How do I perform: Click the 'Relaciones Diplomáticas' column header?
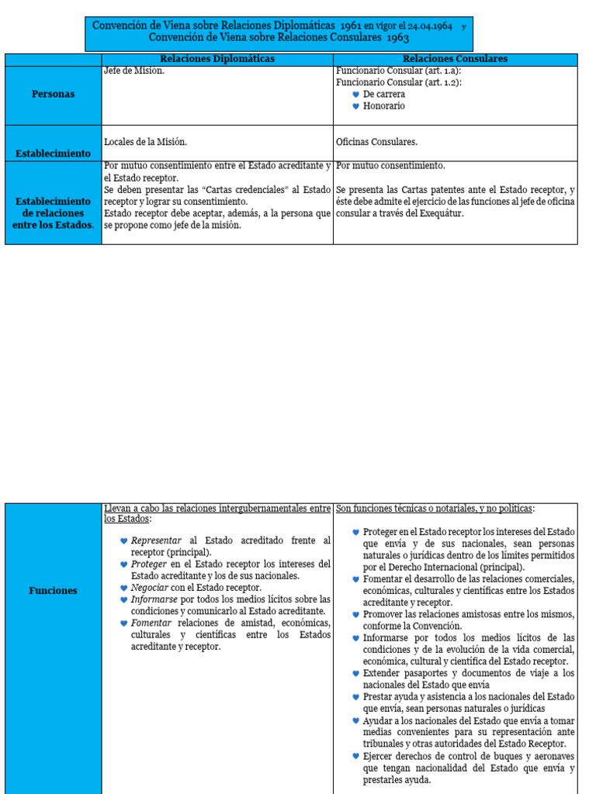[217, 59]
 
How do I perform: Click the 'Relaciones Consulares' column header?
[455, 59]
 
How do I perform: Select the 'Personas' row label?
[54, 94]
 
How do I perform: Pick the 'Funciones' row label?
[54, 591]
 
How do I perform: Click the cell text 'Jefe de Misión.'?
[134, 71]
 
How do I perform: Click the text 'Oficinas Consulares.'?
[377, 142]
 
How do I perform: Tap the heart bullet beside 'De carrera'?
[355, 95]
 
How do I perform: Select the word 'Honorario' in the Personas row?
[383, 106]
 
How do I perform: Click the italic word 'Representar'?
[156, 540]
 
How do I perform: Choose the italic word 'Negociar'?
[152, 588]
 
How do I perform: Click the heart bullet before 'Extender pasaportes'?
[355, 674]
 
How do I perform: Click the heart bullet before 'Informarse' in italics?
[123, 599]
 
